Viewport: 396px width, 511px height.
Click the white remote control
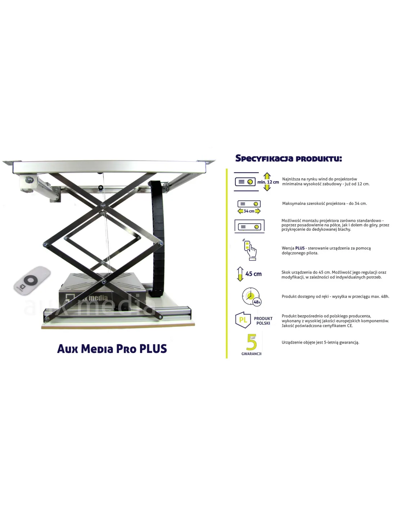[x=32, y=280]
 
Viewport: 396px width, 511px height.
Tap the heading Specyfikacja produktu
[x=288, y=158]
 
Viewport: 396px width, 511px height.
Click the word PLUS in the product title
[x=153, y=349]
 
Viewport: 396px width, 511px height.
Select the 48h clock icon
[x=252, y=296]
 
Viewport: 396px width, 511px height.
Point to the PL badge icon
[x=243, y=320]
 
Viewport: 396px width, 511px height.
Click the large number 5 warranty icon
[x=251, y=342]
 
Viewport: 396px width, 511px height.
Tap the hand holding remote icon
[x=250, y=249]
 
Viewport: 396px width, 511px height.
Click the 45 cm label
[x=253, y=274]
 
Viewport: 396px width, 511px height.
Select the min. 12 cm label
[x=268, y=182]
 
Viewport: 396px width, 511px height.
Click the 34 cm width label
[x=249, y=211]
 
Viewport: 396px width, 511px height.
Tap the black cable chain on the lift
[x=157, y=238]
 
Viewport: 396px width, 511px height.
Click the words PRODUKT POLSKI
[x=263, y=321]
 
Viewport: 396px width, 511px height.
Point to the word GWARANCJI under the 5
[x=251, y=354]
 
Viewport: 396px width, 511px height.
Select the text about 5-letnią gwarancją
[x=320, y=342]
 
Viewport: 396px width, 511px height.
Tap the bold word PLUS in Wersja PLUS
[x=300, y=248]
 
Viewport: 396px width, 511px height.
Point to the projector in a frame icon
[x=249, y=226]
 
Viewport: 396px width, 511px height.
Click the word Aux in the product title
[x=67, y=349]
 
